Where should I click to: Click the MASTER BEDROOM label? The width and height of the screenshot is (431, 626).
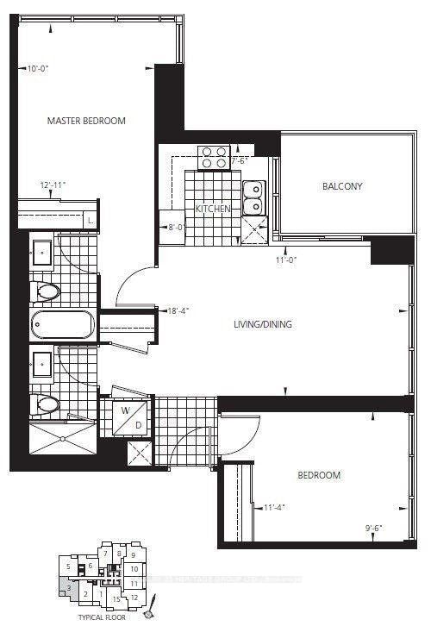86,121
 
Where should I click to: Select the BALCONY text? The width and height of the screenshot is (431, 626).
342,186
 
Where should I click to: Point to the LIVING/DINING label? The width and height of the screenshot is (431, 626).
263,324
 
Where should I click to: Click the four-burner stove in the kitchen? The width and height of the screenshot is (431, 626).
214,158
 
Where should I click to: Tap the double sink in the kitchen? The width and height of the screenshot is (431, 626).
253,197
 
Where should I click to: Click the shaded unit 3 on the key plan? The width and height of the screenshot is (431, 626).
66,588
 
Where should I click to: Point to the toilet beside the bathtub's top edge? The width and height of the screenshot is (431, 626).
46,292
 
